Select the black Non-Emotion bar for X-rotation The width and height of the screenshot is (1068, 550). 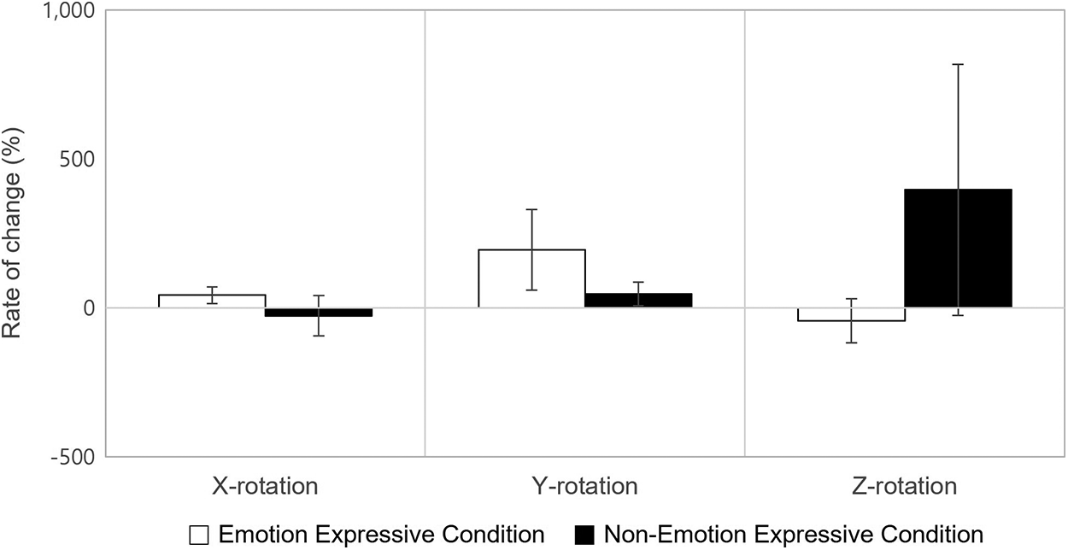point(319,312)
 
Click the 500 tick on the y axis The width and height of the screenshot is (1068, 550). point(79,160)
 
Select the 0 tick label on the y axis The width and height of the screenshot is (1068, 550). point(89,307)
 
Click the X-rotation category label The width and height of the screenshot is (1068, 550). point(265,487)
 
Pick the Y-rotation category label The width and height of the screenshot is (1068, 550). point(585,487)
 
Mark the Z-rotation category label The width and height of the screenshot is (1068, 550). point(905,487)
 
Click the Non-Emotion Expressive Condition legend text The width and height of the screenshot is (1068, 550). point(794,535)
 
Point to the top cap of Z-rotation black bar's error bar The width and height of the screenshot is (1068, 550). point(958,64)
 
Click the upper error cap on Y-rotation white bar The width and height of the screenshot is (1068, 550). point(531,209)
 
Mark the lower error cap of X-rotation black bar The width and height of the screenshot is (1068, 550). point(319,336)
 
